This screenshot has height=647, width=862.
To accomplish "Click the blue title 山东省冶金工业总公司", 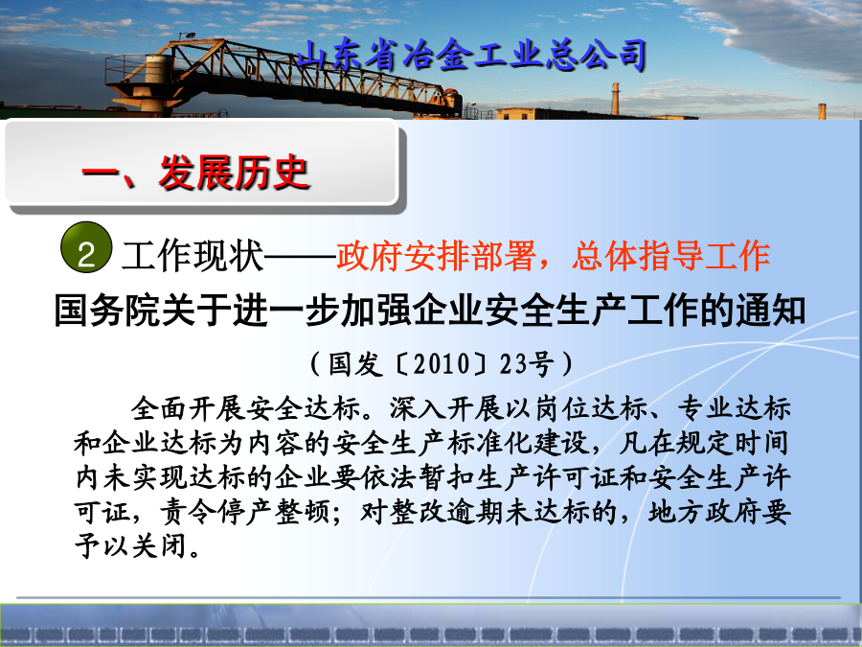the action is tap(471, 56).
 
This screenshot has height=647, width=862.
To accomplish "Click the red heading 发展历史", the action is tap(234, 173).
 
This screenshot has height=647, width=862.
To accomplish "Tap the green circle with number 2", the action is tap(86, 247).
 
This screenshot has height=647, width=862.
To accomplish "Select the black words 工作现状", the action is tap(193, 256).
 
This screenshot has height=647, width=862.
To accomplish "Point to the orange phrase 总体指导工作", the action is tap(670, 256).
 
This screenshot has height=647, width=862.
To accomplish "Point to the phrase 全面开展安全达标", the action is tap(245, 408).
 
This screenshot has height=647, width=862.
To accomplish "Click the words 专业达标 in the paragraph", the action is tap(734, 408).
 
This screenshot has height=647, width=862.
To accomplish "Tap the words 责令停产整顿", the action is tap(244, 513).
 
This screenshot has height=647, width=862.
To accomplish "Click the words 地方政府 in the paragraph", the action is tap(705, 513).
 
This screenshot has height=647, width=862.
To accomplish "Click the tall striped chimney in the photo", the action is tap(615, 100).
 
